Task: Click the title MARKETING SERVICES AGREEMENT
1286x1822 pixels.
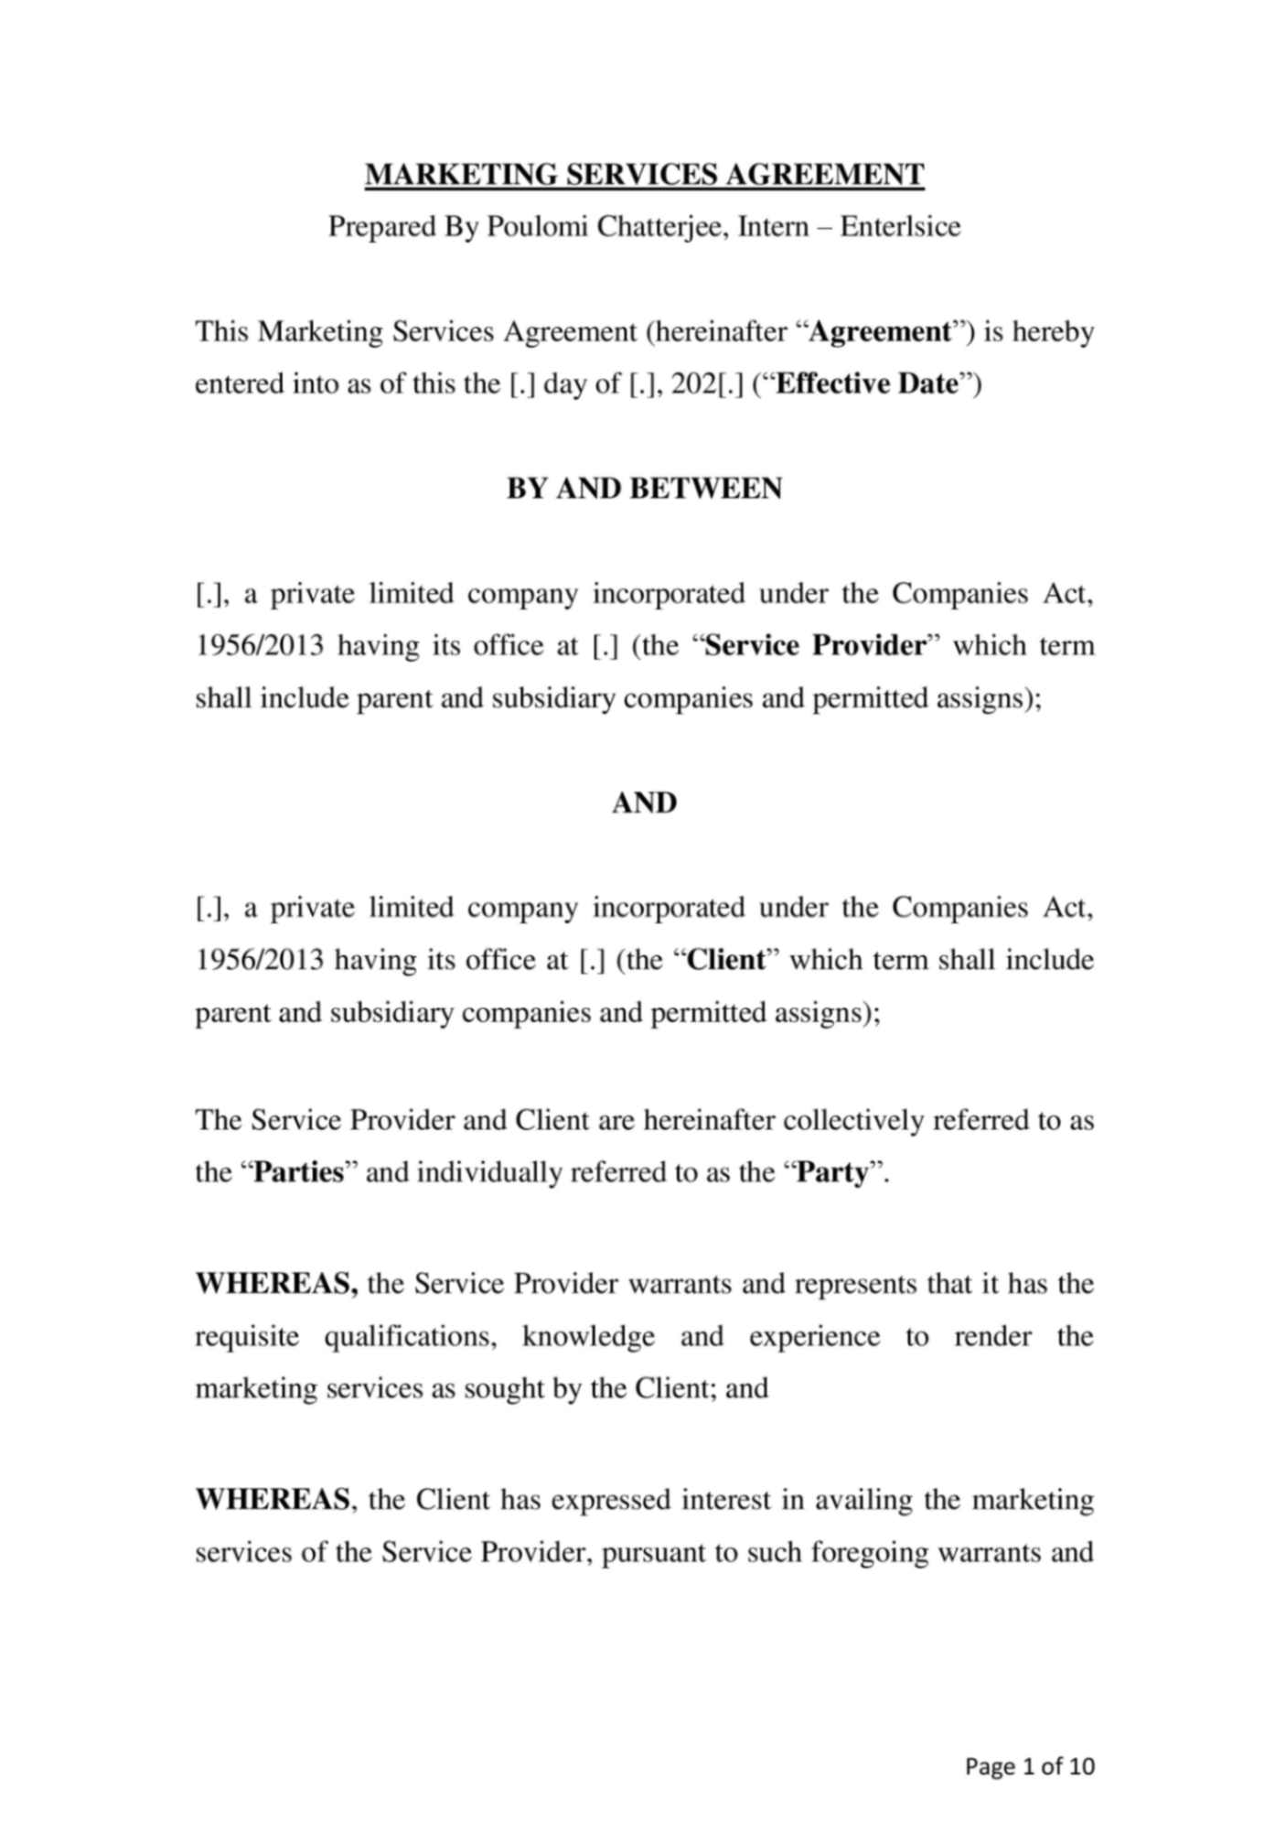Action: (644, 174)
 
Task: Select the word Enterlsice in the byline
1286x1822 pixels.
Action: (900, 226)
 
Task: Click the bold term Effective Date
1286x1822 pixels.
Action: (865, 383)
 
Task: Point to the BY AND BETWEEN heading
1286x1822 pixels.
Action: (644, 489)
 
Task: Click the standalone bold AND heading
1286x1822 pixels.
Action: (644, 803)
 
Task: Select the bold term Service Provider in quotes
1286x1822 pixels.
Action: (816, 646)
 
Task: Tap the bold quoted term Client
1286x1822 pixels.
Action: (725, 960)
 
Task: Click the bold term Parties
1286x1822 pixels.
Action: (298, 1172)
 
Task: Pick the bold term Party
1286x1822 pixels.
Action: (831, 1172)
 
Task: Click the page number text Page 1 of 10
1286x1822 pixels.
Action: (1030, 1765)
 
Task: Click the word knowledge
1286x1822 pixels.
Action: (588, 1336)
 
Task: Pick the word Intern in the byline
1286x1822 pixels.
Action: (773, 226)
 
